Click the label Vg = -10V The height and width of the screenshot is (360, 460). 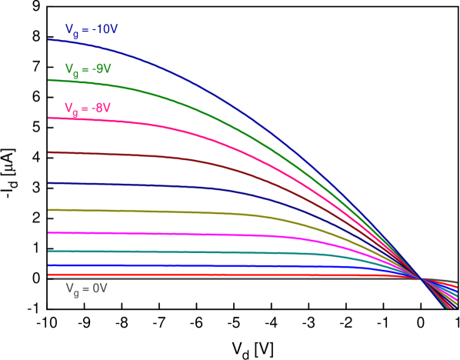point(92,31)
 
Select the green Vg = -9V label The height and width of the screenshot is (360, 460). point(88,69)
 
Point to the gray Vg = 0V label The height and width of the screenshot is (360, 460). point(85,288)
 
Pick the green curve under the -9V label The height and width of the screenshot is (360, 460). point(154,92)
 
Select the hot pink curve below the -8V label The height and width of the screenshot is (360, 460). point(154,125)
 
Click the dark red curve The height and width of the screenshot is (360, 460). point(154,156)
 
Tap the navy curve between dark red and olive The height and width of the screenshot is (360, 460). point(154,185)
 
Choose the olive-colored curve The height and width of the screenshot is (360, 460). point(154,211)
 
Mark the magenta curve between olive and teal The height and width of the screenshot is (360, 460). point(154,233)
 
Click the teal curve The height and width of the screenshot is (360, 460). point(154,252)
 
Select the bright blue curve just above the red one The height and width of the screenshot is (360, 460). point(154,265)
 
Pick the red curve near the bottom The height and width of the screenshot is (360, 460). point(154,274)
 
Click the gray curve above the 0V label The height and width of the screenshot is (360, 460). point(154,278)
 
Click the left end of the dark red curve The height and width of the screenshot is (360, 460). point(49,152)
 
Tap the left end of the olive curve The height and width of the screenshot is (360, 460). point(49,209)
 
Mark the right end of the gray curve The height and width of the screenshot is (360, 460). point(456,282)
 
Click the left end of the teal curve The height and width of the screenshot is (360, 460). point(49,251)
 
